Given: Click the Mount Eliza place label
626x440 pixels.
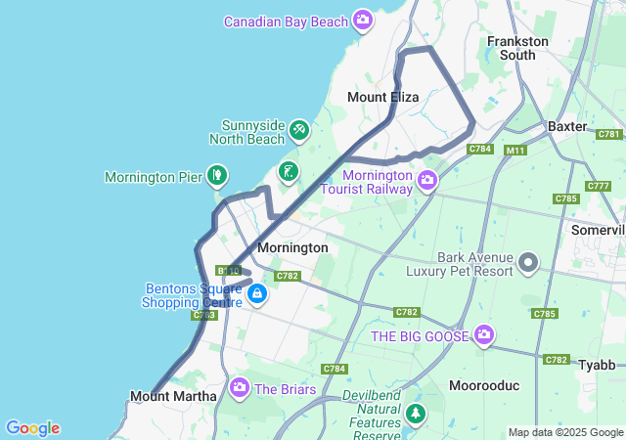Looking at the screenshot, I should [383, 98].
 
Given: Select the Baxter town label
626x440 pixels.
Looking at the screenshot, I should [567, 127].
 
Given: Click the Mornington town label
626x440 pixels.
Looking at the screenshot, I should [292, 248].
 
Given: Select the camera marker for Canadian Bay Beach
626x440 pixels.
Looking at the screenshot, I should [364, 20].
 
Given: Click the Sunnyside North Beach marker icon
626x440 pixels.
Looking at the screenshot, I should [299, 129].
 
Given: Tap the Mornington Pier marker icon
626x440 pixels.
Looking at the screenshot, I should [217, 176].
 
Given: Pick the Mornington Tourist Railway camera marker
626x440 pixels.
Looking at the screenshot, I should [426, 179].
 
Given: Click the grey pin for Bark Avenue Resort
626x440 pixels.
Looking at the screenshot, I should [528, 262].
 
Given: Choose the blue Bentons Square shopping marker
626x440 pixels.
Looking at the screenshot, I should [256, 292].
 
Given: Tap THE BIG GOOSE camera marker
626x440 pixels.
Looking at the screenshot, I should [484, 335].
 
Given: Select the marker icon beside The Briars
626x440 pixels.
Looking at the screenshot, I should [240, 388].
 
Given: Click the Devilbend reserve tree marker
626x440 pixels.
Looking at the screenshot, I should [417, 415].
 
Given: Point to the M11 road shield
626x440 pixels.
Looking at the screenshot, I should [515, 151].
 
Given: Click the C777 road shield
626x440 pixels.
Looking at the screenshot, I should [598, 186].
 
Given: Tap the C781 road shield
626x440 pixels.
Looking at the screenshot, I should [609, 134].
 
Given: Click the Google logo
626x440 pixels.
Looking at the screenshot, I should [32, 428].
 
